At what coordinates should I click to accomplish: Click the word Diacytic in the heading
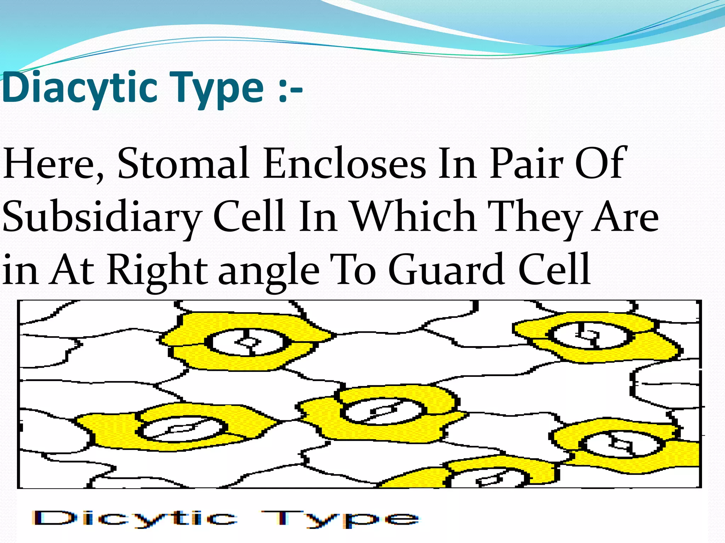[79, 88]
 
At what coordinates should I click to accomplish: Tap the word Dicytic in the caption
[135, 519]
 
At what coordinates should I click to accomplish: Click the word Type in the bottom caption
[340, 519]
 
